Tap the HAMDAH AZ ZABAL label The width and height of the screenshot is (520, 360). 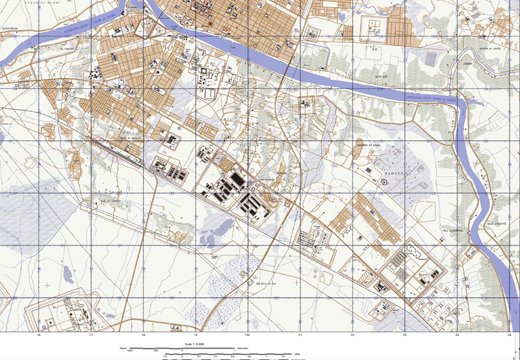point(366,145)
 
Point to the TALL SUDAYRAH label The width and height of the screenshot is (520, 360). point(454,231)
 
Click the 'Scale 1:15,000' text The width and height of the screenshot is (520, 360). point(195,344)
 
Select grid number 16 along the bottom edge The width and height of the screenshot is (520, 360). point(39,336)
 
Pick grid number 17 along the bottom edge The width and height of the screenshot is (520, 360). point(91,336)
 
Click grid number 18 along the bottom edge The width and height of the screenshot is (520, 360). point(143,336)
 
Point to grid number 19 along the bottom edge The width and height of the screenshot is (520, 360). point(195,336)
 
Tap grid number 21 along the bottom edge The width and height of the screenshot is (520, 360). point(300,336)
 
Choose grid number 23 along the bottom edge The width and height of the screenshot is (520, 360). point(404,336)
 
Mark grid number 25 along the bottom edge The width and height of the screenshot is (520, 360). point(509,336)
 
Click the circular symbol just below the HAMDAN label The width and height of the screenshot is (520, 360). point(383,182)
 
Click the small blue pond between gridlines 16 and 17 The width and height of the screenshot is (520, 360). point(66,276)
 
